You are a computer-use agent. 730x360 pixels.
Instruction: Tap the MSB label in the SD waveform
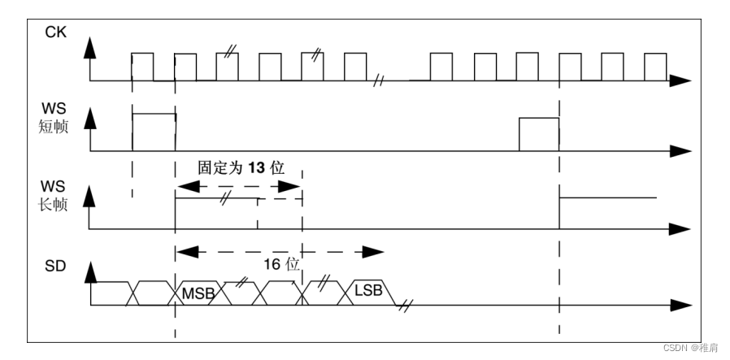[198, 292]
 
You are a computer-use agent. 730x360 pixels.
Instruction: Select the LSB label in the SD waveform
[371, 290]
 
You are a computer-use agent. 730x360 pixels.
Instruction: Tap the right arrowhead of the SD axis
[681, 306]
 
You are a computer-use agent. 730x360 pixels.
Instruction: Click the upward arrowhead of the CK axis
[91, 46]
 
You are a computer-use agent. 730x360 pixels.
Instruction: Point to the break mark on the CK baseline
[380, 80]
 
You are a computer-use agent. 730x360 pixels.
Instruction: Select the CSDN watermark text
[690, 347]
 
